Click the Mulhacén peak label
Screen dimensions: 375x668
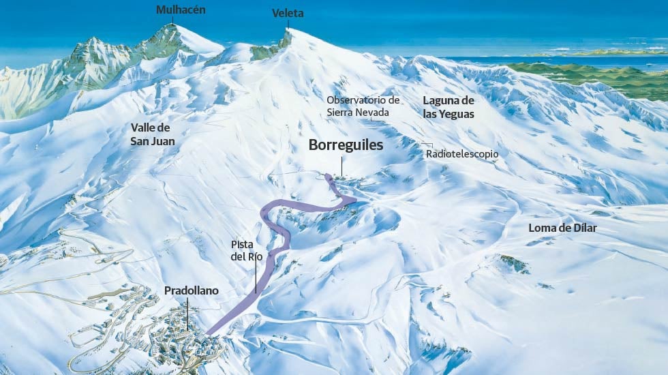(x=180, y=10)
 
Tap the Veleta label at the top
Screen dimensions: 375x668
(x=288, y=13)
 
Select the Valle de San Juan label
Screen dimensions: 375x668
(x=153, y=134)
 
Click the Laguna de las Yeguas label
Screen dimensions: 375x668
(x=449, y=107)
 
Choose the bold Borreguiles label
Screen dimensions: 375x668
(x=346, y=145)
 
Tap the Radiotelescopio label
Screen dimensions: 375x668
(x=462, y=154)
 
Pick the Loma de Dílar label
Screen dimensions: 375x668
(x=562, y=228)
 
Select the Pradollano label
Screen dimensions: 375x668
(x=192, y=290)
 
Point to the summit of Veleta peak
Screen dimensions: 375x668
(x=288, y=31)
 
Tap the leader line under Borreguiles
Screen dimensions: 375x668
(x=343, y=165)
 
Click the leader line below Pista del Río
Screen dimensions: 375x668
(x=256, y=276)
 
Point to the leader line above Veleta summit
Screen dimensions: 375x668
(x=288, y=24)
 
